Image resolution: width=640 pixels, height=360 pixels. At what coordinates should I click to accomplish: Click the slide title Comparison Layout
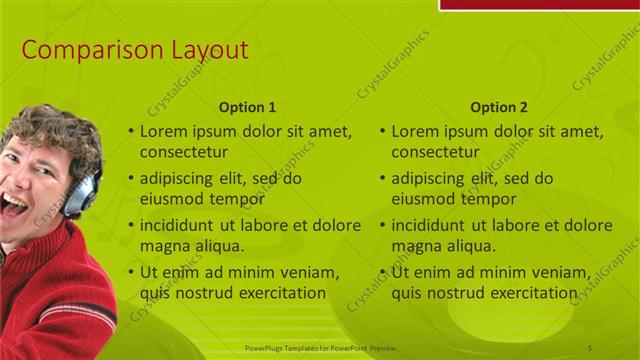click(135, 50)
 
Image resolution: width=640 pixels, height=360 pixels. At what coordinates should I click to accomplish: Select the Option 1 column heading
click(247, 107)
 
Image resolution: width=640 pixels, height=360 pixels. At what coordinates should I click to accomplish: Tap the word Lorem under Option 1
click(163, 131)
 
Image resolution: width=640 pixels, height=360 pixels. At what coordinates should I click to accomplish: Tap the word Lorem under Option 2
click(414, 131)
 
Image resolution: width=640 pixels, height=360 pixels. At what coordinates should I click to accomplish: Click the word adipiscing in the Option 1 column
click(181, 178)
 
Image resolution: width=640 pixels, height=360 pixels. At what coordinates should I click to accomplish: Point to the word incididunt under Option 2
click(432, 225)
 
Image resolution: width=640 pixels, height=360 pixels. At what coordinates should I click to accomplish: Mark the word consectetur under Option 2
click(435, 152)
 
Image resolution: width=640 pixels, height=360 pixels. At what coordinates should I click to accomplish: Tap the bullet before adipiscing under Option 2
click(382, 179)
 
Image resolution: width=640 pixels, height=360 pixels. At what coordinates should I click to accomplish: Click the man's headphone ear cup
click(77, 195)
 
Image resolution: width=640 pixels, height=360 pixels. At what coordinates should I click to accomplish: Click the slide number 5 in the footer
click(590, 347)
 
